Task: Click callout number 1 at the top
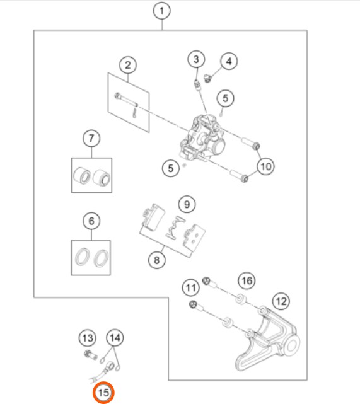[161, 11]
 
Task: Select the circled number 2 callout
[128, 65]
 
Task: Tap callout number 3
[196, 59]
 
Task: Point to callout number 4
[229, 61]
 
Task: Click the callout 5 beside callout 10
[171, 168]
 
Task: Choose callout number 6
[91, 221]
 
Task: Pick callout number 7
[91, 139]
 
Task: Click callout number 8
[157, 260]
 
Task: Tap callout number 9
[187, 204]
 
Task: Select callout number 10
[265, 166]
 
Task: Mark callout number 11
[190, 287]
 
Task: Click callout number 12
[281, 301]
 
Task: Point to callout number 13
[88, 338]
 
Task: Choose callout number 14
[115, 338]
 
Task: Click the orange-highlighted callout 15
[103, 393]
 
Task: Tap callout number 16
[247, 280]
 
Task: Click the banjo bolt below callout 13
[91, 355]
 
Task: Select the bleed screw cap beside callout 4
[207, 78]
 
